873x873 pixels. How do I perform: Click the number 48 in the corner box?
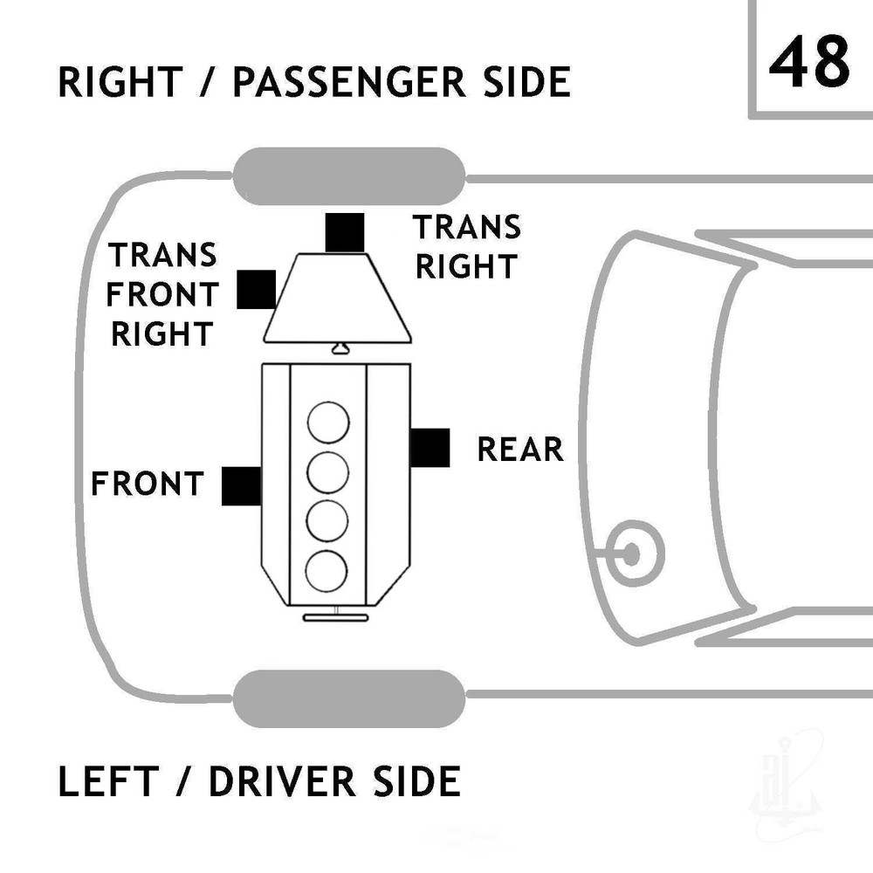pyautogui.click(x=809, y=61)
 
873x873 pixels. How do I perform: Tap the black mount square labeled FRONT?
pyautogui.click(x=242, y=486)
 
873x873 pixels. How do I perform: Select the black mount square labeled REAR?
pyautogui.click(x=430, y=448)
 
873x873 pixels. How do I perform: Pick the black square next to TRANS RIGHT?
pyautogui.click(x=345, y=233)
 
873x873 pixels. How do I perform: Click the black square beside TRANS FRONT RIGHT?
pyautogui.click(x=256, y=290)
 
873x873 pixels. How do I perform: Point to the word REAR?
pyautogui.click(x=520, y=450)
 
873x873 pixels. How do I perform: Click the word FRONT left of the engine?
pyautogui.click(x=148, y=484)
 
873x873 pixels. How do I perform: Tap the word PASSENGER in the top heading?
pyautogui.click(x=349, y=82)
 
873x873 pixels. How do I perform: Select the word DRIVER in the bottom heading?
pyautogui.click(x=282, y=781)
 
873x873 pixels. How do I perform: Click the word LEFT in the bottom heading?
pyautogui.click(x=108, y=781)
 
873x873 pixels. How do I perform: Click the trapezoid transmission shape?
pyautogui.click(x=337, y=298)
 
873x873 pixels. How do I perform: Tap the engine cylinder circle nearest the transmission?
pyautogui.click(x=328, y=423)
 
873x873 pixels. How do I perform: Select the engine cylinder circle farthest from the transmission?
pyautogui.click(x=327, y=572)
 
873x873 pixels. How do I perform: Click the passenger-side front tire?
pyautogui.click(x=349, y=176)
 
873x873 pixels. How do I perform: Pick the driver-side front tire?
pyautogui.click(x=349, y=698)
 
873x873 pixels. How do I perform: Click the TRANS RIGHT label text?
pyautogui.click(x=466, y=247)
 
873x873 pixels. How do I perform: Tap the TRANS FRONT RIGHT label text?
pyautogui.click(x=162, y=294)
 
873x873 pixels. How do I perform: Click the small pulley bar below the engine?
pyautogui.click(x=335, y=617)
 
